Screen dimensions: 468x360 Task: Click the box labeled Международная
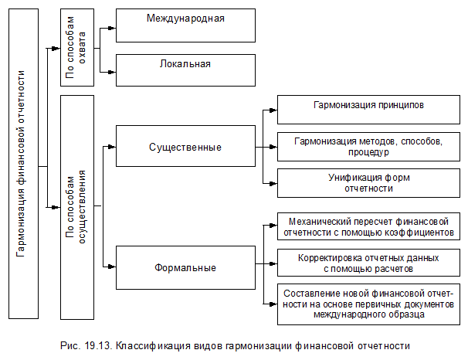coord(185,25)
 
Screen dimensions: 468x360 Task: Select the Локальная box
coord(185,70)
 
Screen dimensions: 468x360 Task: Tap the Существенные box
coord(185,147)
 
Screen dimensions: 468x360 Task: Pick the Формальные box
coord(185,267)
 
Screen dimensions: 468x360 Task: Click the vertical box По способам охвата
coord(76,46)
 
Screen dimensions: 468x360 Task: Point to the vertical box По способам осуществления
coord(76,207)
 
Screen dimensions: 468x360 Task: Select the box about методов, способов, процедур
coord(368,147)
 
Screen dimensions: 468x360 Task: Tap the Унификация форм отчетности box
coord(368,183)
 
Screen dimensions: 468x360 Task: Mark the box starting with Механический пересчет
coord(368,226)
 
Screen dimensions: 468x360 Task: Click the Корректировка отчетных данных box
coord(368,263)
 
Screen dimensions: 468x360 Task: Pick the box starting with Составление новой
coord(368,304)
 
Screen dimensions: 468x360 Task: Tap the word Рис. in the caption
coord(70,345)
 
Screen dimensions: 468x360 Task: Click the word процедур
coord(368,153)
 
